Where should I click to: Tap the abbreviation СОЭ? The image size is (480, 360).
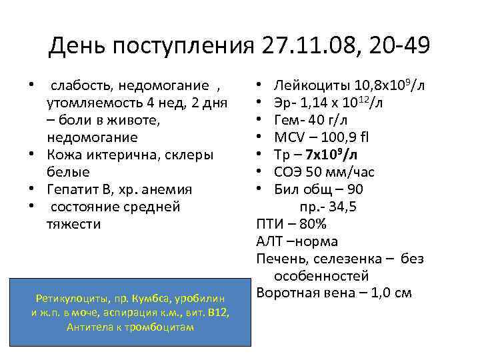coord(289,173)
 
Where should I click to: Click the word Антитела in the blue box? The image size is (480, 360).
coord(89,327)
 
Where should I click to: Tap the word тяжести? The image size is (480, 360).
coord(73,224)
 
